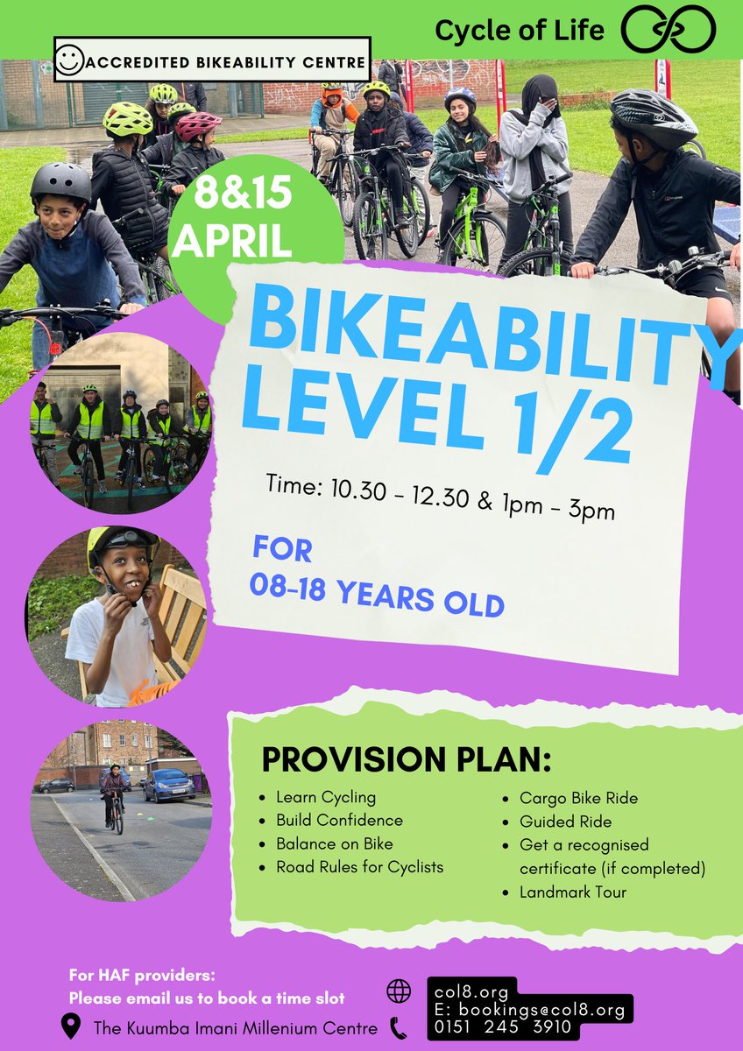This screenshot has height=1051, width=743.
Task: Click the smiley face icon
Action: (x=68, y=60)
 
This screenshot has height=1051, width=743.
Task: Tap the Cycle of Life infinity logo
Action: (x=668, y=30)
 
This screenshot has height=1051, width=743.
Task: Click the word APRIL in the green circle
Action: (x=232, y=240)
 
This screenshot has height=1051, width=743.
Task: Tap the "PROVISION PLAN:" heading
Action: (x=406, y=759)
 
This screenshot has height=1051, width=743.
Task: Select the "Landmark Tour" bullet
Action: (x=573, y=892)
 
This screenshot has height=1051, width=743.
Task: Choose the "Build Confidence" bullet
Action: (x=339, y=821)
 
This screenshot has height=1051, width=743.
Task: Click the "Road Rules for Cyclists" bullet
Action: (x=359, y=867)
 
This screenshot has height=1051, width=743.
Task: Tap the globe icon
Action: (x=399, y=991)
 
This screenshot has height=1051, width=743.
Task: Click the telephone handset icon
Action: (x=399, y=1027)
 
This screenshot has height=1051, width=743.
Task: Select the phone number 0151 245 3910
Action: (x=502, y=1027)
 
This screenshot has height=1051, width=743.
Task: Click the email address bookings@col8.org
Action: (x=541, y=1010)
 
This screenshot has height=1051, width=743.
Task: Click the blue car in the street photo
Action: (x=169, y=786)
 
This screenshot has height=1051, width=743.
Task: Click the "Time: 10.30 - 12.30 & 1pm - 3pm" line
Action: (x=441, y=497)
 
